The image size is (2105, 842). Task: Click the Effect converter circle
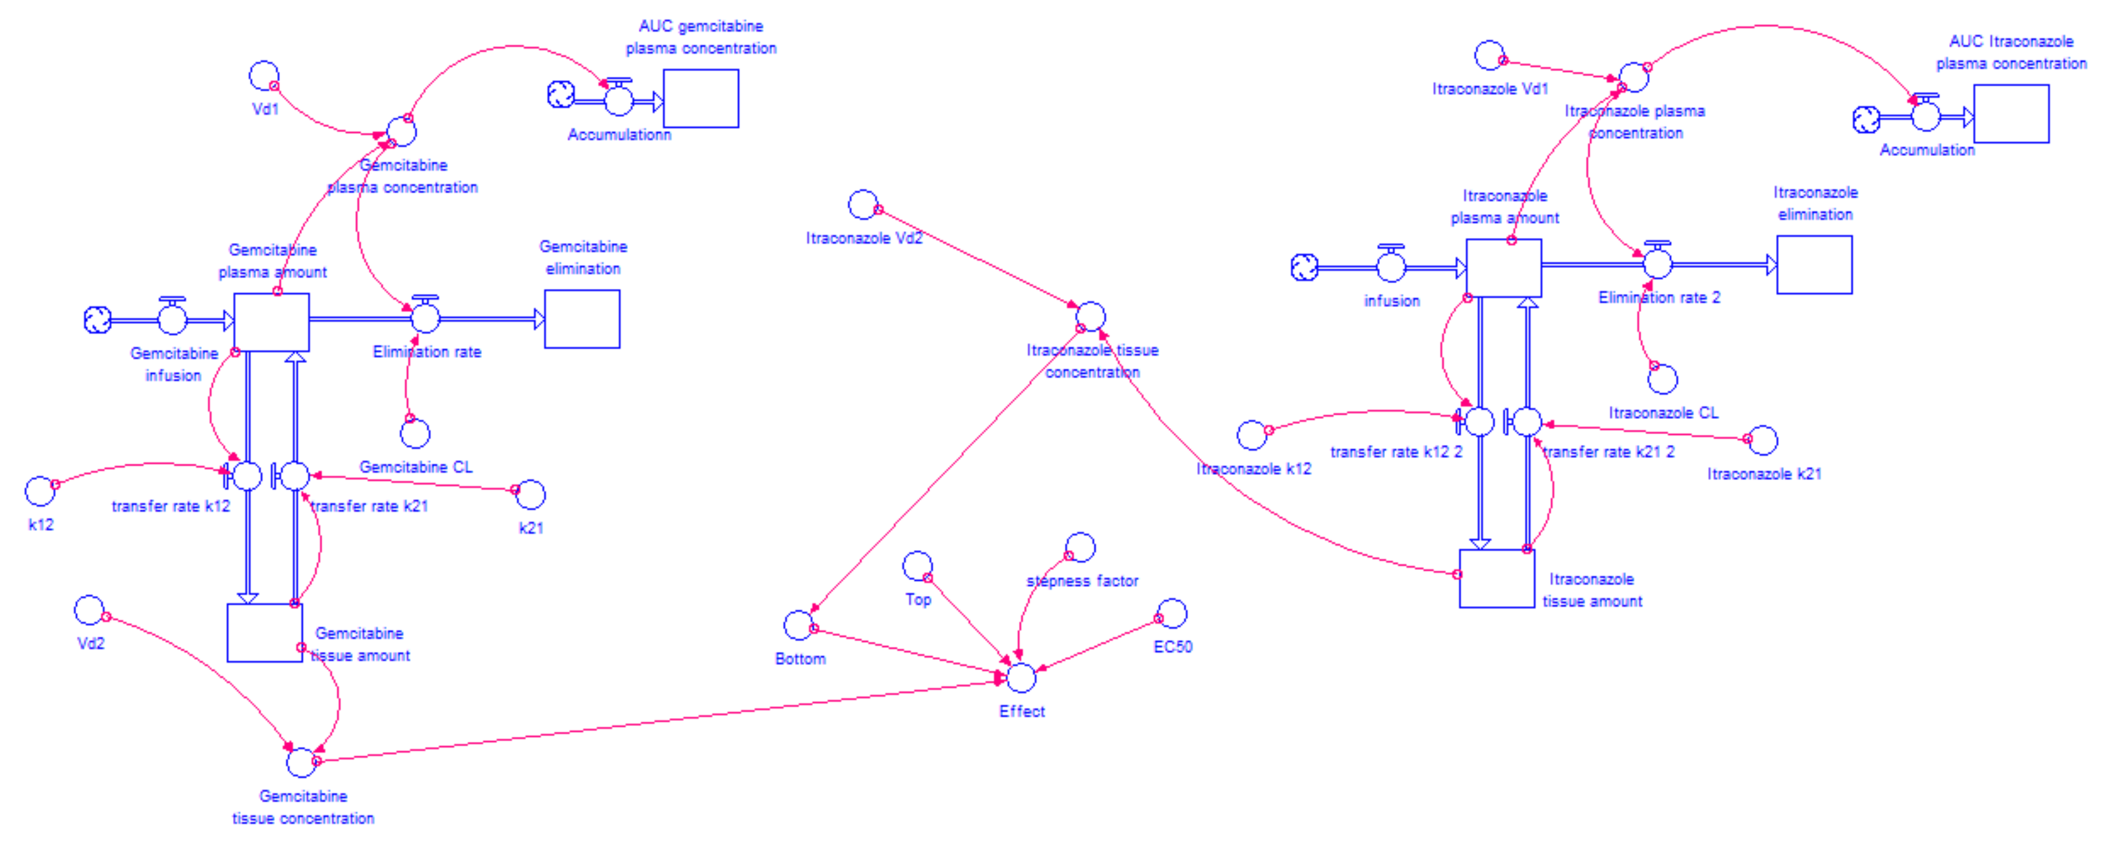(1020, 678)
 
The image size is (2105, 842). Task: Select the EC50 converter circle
(1172, 613)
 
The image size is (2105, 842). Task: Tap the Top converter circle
(917, 565)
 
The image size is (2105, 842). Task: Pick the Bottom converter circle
(798, 625)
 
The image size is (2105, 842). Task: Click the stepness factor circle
(1080, 547)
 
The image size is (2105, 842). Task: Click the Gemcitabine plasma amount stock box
(272, 322)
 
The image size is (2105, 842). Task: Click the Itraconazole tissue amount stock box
(1496, 579)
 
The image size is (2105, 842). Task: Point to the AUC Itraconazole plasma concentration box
(2011, 113)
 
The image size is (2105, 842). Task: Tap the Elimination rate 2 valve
(1657, 263)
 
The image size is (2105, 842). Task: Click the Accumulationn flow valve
(619, 100)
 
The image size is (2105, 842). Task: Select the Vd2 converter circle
(89, 610)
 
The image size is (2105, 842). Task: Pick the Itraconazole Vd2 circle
(862, 204)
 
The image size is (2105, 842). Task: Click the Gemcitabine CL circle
(415, 433)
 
